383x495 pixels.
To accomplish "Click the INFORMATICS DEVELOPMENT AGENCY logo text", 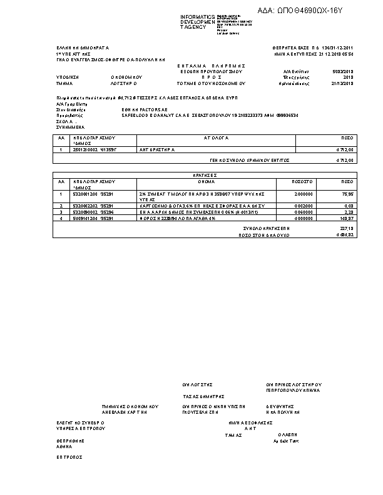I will pos(197,21).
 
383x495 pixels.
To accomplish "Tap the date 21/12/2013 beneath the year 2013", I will pos(343,82).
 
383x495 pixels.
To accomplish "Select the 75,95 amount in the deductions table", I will pos(347,194).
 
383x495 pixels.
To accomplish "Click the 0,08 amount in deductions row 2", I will pos(349,206).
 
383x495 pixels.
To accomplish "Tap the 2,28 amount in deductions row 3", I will pos(349,212).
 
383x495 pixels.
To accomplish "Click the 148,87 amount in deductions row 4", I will pos(347,218).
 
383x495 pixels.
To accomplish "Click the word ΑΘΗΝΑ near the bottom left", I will pos(64,447).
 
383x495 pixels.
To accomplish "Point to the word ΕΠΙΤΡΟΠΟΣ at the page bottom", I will pos(69,457).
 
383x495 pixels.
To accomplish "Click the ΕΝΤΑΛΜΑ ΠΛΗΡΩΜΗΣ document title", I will pos(206,65).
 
